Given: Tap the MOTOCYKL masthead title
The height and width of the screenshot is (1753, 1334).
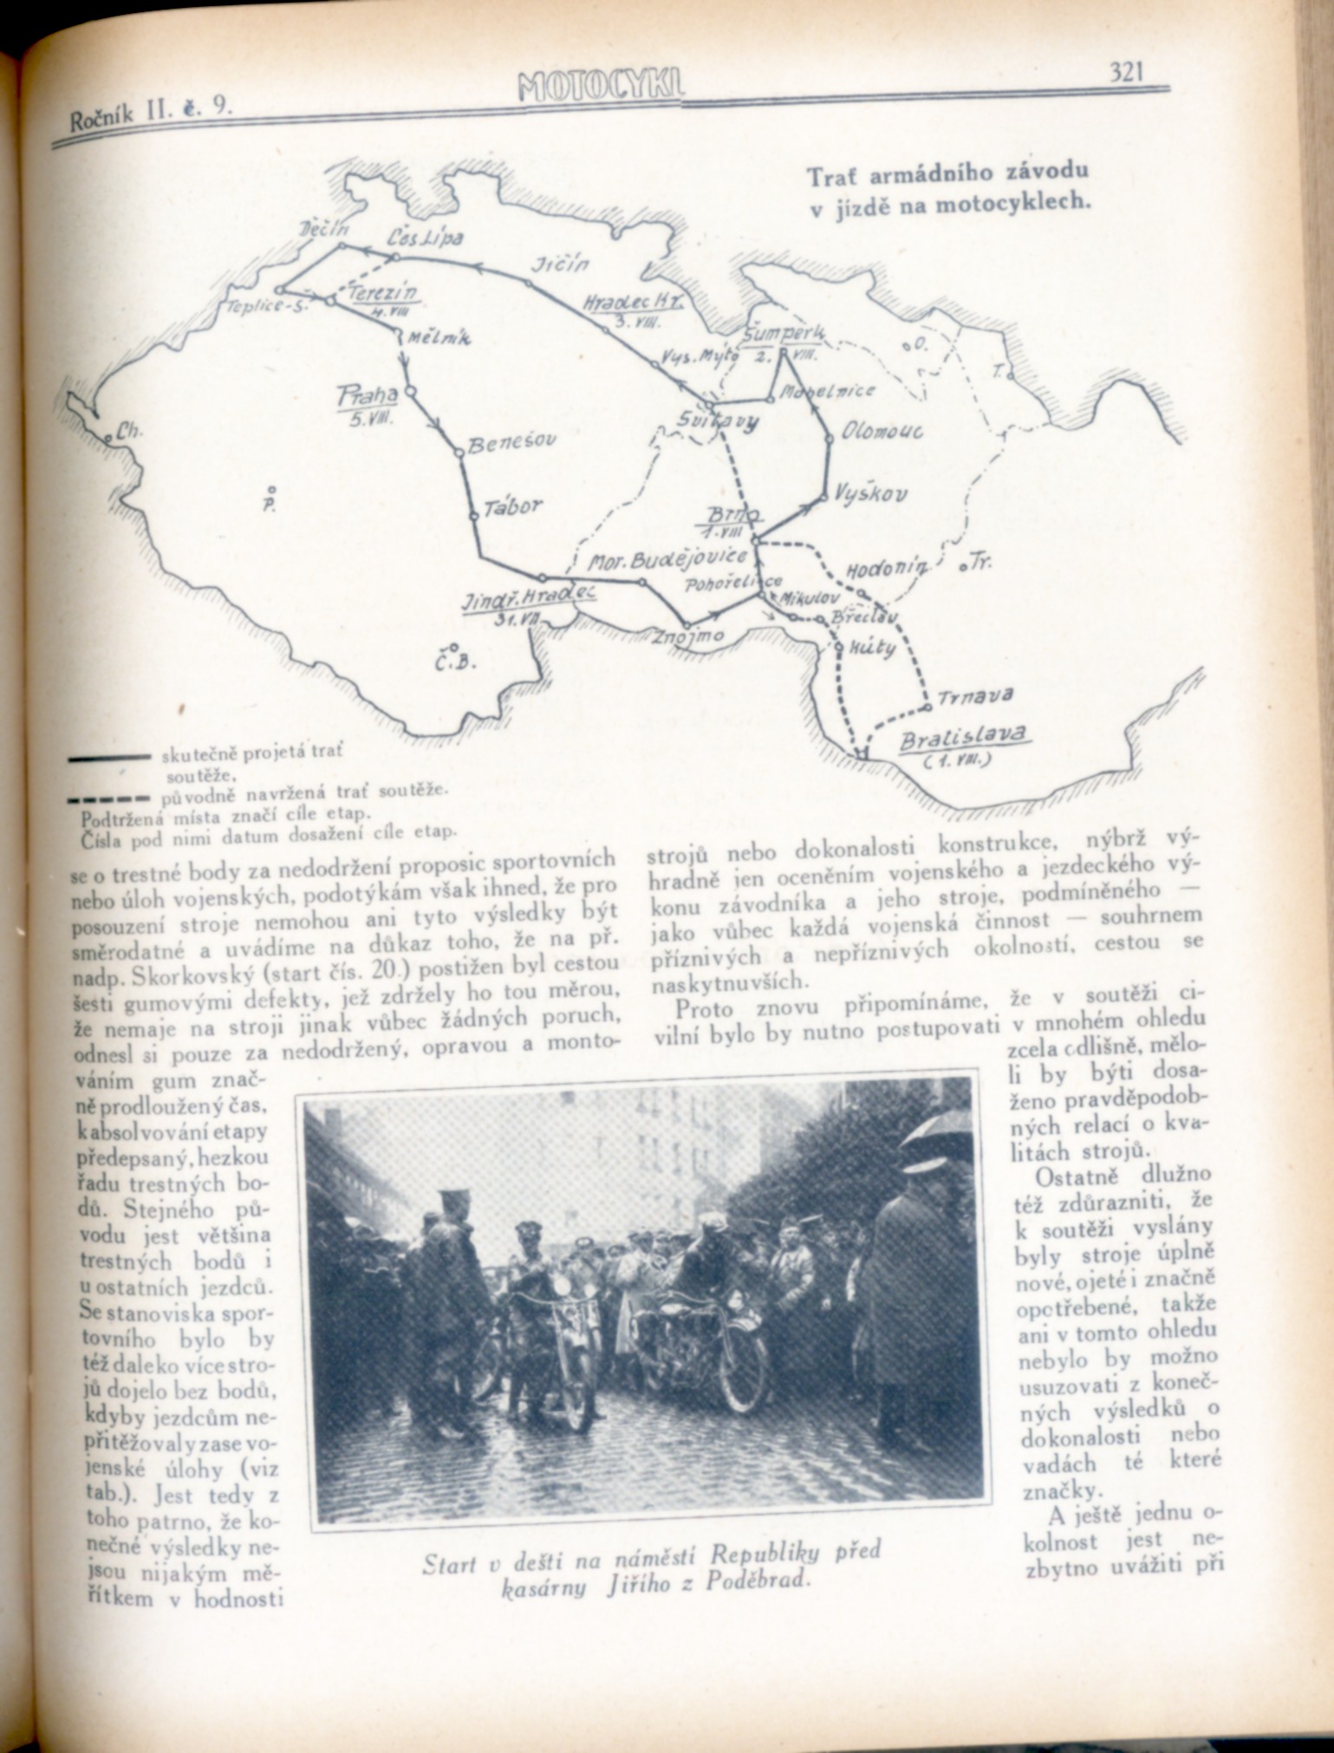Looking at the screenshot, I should pyautogui.click(x=602, y=87).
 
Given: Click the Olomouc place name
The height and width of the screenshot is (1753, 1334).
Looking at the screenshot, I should pyautogui.click(x=883, y=431).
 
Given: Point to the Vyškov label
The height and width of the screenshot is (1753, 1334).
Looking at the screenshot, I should pyautogui.click(x=871, y=494).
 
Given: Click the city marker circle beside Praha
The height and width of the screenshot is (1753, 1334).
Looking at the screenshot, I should pyautogui.click(x=410, y=392).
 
